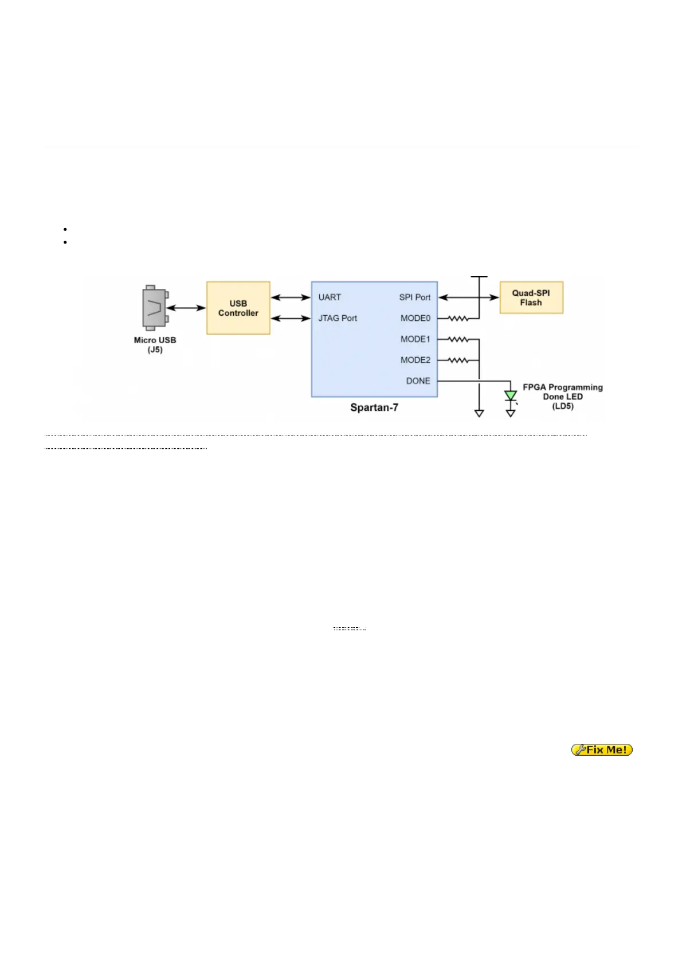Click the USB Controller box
pos(238,308)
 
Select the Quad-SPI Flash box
pos(531,297)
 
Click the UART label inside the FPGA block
pos(330,297)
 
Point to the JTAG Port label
pos(338,318)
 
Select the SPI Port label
pos(414,297)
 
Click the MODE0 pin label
pos(415,318)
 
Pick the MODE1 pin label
pos(415,339)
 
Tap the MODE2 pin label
pos(415,360)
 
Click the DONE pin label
pos(418,380)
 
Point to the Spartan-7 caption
pos(374,407)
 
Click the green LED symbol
pos(510,395)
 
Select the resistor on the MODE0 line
pos(458,318)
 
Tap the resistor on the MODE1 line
pos(458,339)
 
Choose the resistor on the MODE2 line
pos(458,360)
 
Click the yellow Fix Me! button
pos(602,750)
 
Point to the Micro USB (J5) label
pos(155,344)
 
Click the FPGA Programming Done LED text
pos(562,397)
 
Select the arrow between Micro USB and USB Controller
pos(186,308)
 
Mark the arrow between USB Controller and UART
pos(291,297)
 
